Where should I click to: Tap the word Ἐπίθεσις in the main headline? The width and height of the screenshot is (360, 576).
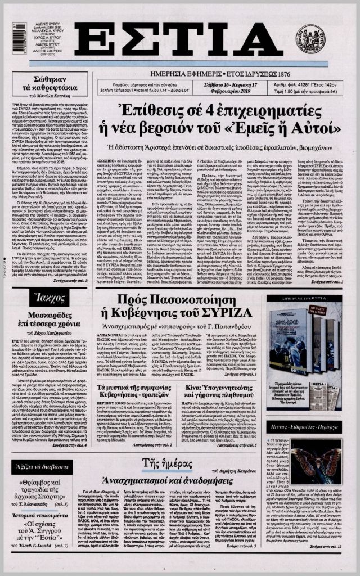point(146,109)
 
